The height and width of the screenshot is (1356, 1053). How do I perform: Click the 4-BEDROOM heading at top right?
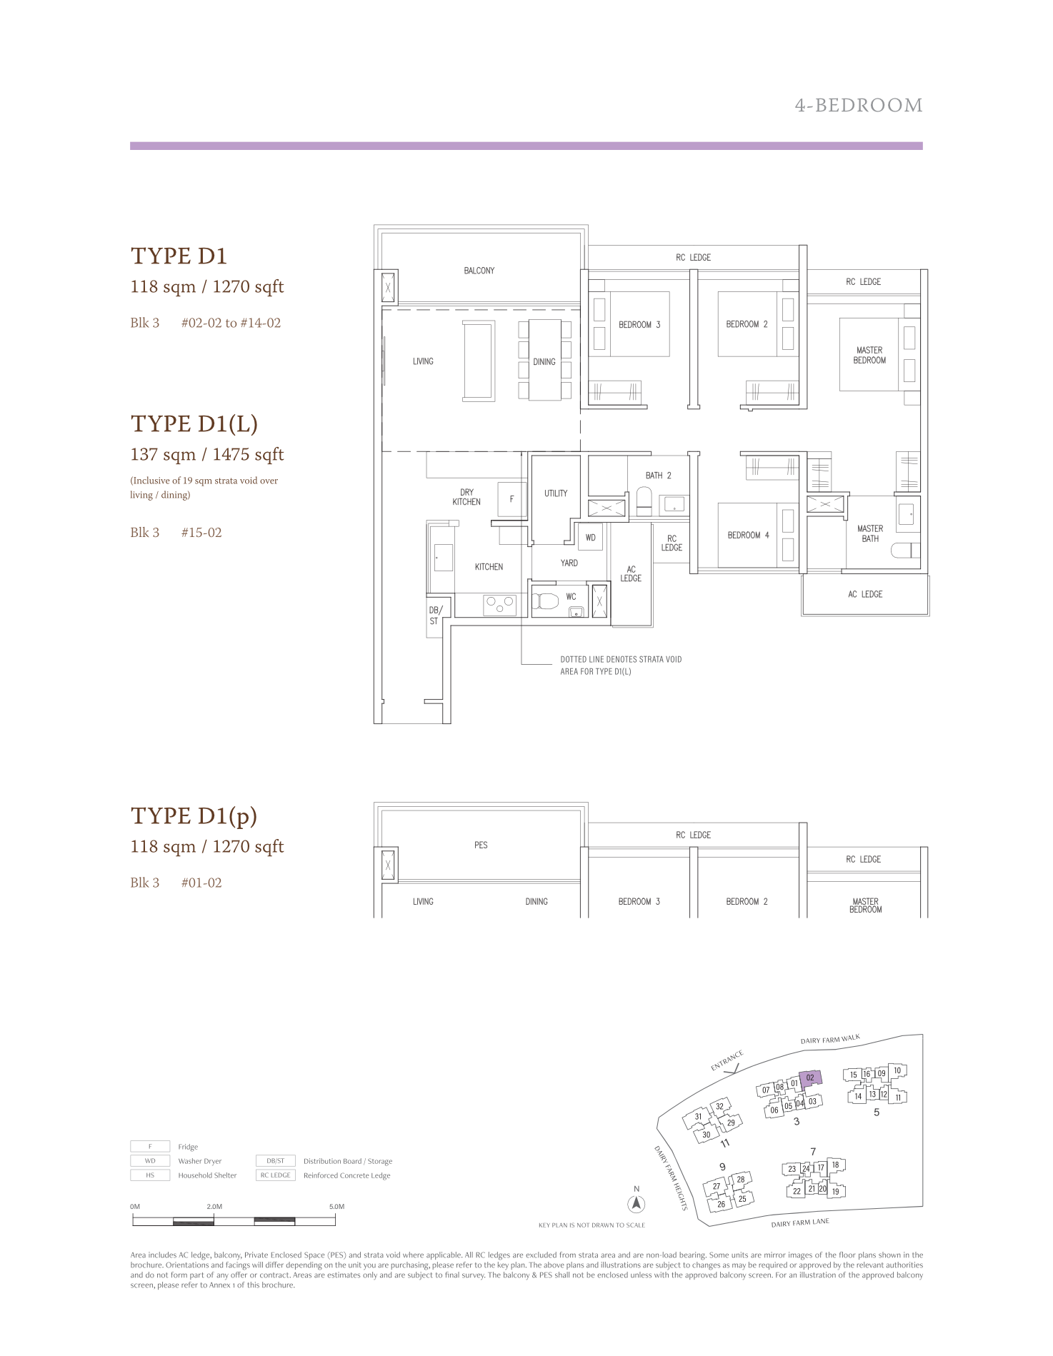(x=859, y=106)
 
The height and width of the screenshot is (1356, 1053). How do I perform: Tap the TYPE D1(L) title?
(x=194, y=423)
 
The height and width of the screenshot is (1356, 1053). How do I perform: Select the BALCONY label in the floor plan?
(x=479, y=271)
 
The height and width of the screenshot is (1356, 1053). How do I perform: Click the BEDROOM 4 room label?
(x=748, y=535)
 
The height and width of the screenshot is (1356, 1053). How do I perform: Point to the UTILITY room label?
(x=556, y=493)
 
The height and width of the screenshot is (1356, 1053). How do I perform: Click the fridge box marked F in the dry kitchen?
(x=511, y=499)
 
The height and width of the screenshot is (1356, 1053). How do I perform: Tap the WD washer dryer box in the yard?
(x=591, y=538)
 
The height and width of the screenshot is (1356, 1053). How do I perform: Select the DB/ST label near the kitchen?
(x=435, y=616)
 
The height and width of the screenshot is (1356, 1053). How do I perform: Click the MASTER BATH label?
(x=870, y=533)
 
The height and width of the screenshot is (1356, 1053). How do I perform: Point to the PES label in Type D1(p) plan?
(x=481, y=845)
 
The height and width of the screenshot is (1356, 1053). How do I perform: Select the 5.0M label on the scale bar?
(x=336, y=1207)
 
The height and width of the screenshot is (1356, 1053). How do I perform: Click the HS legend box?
(x=150, y=1175)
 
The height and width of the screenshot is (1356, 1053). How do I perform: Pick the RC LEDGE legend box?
(x=275, y=1175)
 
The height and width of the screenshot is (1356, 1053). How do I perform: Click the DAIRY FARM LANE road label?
(x=800, y=1222)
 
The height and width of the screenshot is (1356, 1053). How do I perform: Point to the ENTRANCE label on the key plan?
(x=727, y=1060)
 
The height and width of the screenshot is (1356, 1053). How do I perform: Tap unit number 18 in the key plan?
(x=836, y=1165)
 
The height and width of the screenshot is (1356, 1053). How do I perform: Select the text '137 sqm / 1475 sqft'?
(x=207, y=454)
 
